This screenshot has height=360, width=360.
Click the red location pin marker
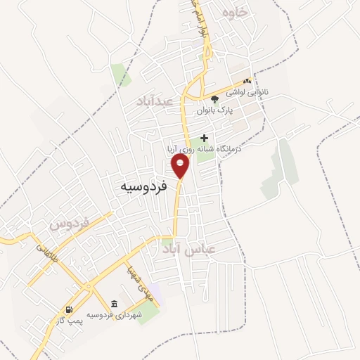coord(181,166)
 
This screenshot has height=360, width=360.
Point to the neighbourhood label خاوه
coord(236,13)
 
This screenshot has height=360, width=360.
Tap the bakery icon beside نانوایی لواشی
coord(247,82)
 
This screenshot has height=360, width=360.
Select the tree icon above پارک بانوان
coord(214,99)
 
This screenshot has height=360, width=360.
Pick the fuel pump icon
coord(68,309)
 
